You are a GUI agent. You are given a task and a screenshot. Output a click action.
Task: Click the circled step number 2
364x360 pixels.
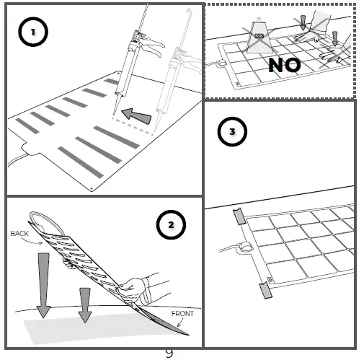click(170, 225)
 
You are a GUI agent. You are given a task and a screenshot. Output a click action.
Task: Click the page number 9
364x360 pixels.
click(169, 353)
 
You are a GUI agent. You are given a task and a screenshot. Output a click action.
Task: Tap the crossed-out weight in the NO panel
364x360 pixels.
click(258, 36)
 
